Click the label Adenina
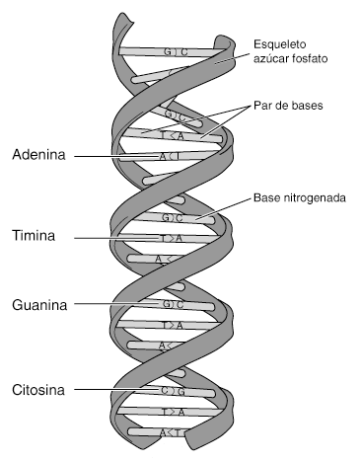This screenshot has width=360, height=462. pos(38,155)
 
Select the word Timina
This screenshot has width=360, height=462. pos(35,237)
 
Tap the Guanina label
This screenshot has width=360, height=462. pos(39,305)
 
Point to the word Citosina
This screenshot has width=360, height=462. pos(38,389)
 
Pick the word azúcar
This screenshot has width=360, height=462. pos(272,59)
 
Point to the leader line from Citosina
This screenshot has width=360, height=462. pos(108,390)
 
